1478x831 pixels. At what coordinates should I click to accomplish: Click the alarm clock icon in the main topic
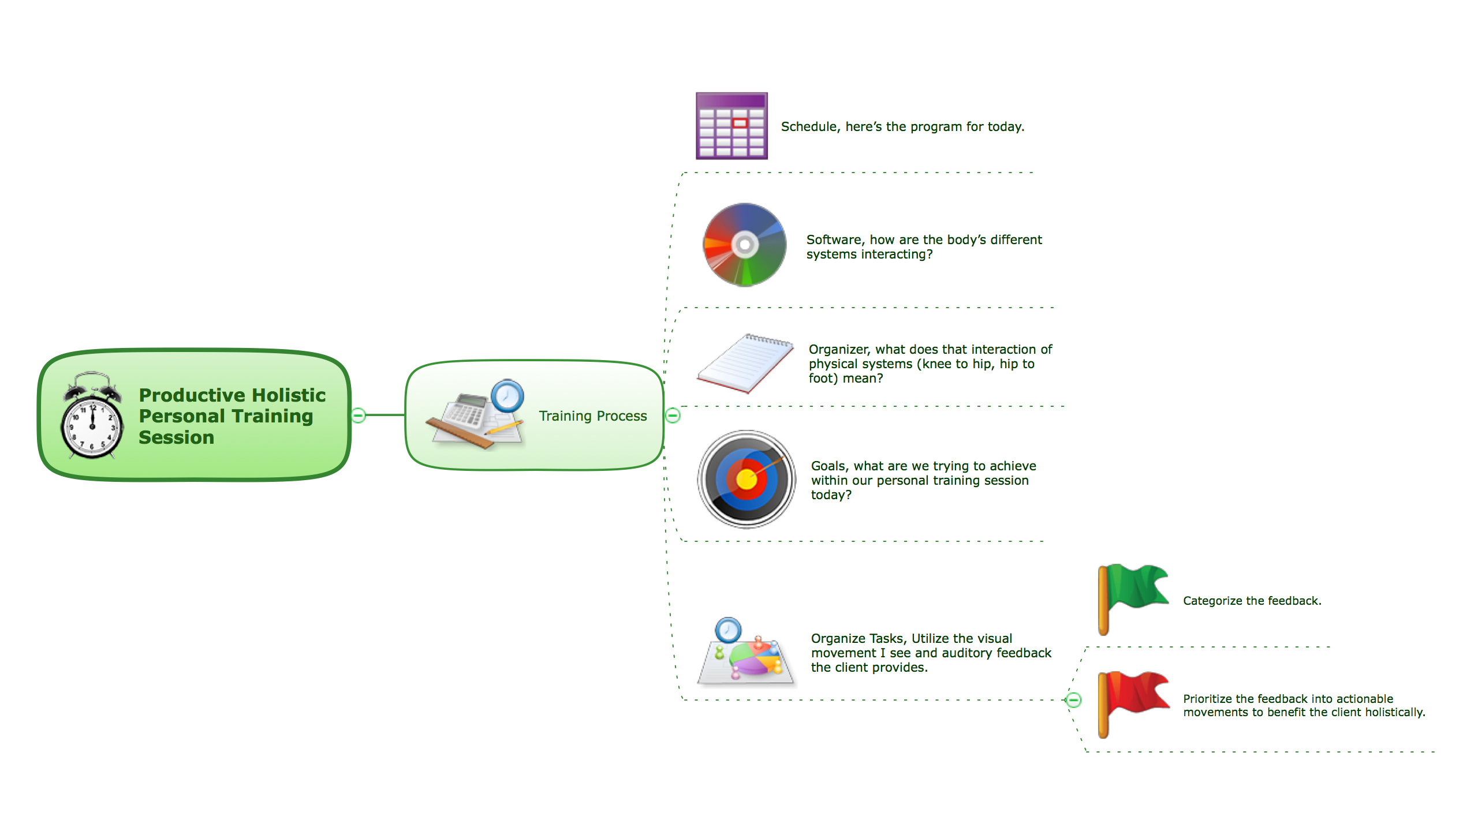92,415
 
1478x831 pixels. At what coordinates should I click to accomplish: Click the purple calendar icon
731,126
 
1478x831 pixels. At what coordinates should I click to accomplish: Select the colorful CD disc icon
745,245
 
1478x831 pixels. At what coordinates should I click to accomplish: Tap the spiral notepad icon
745,364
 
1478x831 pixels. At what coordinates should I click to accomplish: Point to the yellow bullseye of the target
747,479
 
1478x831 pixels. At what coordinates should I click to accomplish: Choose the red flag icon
1133,705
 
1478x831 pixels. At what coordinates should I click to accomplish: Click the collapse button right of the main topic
359,415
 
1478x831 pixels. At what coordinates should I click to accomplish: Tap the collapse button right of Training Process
673,415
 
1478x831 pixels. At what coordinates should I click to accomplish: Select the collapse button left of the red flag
1073,700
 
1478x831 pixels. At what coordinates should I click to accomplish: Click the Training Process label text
593,416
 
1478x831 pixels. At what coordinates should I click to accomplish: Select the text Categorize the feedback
1252,601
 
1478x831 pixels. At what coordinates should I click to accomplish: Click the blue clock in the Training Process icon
507,395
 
